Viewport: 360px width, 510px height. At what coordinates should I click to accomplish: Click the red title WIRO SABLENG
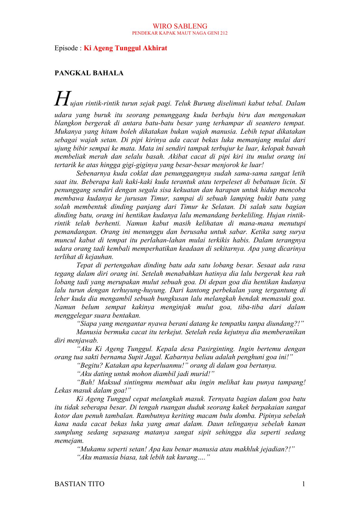(x=180, y=26)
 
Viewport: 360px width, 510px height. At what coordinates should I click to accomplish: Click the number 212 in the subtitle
(x=224, y=33)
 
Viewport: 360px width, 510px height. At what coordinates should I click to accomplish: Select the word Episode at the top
(x=65, y=48)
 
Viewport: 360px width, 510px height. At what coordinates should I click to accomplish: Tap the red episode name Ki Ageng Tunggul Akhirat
(x=125, y=48)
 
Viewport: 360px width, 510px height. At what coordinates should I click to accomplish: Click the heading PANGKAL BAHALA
(x=89, y=73)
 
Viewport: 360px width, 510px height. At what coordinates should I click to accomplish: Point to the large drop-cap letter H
(x=62, y=99)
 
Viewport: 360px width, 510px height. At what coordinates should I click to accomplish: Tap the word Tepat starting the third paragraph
(x=84, y=265)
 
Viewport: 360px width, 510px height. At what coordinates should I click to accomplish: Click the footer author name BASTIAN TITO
(x=79, y=484)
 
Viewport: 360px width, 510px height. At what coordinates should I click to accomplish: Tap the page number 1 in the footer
(x=304, y=484)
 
